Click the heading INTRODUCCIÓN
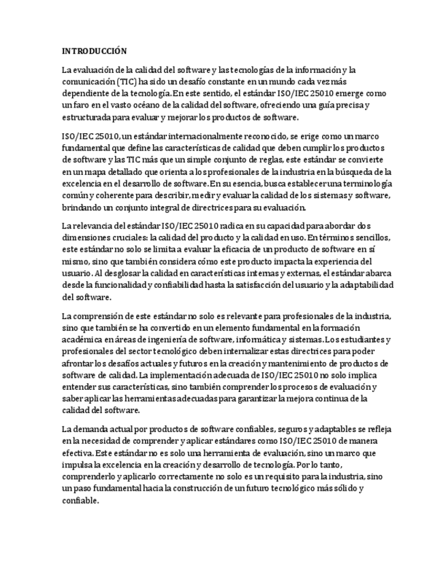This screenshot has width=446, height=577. [x=95, y=51]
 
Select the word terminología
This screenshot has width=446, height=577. [x=366, y=184]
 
